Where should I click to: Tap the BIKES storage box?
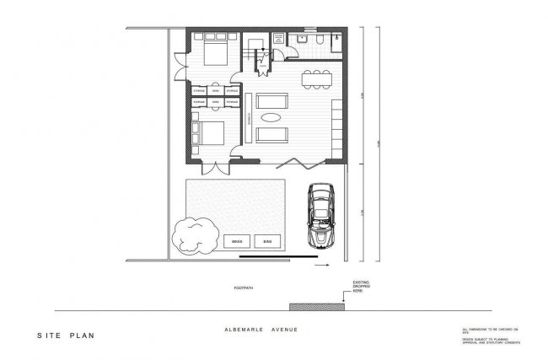pyautogui.click(x=237, y=240)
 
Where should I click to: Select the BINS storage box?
pyautogui.click(x=267, y=240)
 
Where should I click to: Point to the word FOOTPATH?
pyautogui.click(x=244, y=287)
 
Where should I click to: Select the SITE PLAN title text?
pyautogui.click(x=65, y=335)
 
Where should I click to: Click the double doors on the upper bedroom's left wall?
pyautogui.click(x=180, y=64)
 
